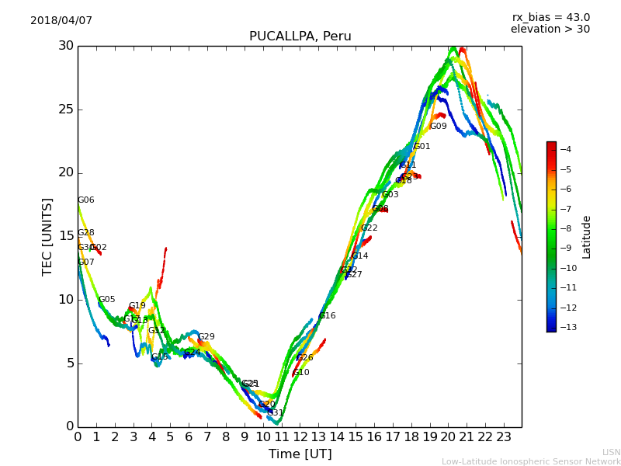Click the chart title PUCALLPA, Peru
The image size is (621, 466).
point(300,37)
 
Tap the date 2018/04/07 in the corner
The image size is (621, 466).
point(61,21)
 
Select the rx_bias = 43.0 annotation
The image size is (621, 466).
point(550,18)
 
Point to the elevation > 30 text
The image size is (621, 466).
point(550,30)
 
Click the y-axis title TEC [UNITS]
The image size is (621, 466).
point(47,236)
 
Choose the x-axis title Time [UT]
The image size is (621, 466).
point(300,454)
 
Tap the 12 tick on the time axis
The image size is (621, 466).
point(300,436)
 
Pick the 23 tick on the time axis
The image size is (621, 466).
point(503,436)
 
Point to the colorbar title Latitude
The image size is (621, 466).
point(587,237)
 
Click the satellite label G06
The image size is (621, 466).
point(85,200)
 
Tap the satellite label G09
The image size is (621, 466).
point(438,127)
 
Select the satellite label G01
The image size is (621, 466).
point(422,147)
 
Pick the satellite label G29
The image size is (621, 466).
point(206,337)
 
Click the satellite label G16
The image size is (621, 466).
point(327,316)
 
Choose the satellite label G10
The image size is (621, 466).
point(300,373)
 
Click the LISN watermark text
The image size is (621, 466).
point(611,452)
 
